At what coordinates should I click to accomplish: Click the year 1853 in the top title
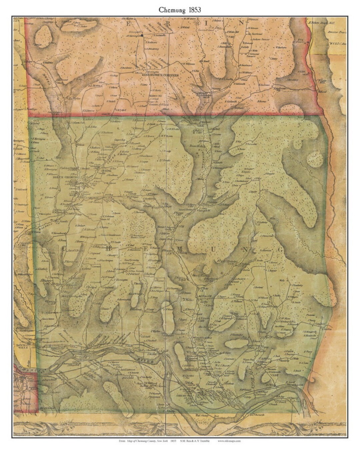193,10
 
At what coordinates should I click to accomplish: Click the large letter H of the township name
109,248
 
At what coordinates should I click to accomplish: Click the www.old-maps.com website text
229,441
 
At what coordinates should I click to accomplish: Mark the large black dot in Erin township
142,35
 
